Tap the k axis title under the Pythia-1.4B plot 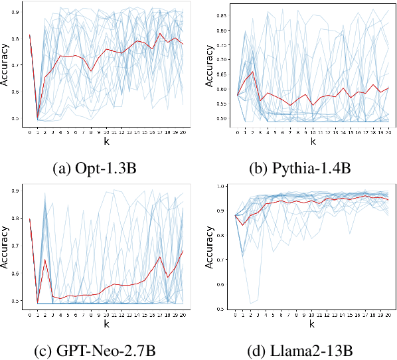click(x=312, y=141)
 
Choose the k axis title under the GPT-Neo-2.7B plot click(x=106, y=324)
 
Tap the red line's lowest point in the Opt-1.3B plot click(x=37, y=119)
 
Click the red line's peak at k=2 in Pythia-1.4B click(x=252, y=72)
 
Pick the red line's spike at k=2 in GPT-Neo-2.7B click(x=45, y=260)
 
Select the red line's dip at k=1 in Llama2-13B click(x=243, y=226)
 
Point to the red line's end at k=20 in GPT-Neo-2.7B click(x=183, y=250)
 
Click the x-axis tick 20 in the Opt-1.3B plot click(x=183, y=132)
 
